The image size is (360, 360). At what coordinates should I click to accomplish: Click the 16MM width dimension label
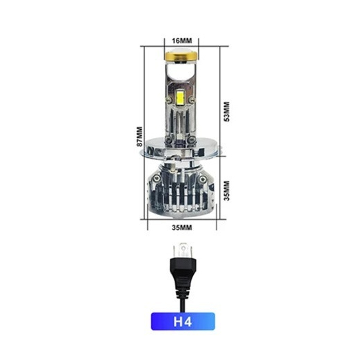tap(182, 41)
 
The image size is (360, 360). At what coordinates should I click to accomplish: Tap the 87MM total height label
tap(139, 137)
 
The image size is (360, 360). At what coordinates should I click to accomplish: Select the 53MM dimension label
tap(227, 111)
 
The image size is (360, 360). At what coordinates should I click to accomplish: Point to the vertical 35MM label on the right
tap(227, 191)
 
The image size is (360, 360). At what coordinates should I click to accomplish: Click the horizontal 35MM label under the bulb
tap(182, 227)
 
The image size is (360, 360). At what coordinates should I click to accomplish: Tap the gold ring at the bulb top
tap(181, 56)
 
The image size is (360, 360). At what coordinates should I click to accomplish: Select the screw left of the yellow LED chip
tap(169, 100)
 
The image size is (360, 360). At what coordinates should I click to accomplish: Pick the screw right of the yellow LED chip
tap(192, 99)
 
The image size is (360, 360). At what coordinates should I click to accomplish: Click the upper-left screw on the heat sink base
tap(157, 177)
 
